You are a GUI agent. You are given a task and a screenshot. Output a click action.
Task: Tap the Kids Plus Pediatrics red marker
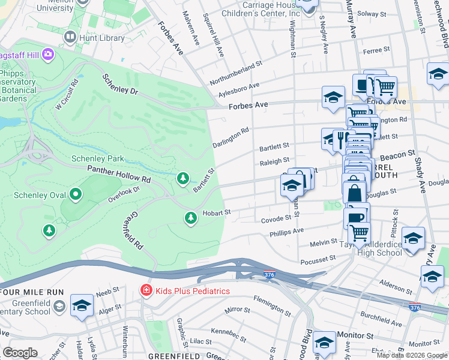(145, 291)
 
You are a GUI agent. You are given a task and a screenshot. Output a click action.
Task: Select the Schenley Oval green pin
(76, 194)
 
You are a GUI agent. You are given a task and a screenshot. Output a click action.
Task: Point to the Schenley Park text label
(97, 158)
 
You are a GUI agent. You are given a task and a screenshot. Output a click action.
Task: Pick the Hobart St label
(216, 212)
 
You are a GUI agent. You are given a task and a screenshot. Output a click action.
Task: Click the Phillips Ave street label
(286, 232)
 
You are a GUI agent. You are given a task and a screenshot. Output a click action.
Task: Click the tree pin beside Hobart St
(191, 217)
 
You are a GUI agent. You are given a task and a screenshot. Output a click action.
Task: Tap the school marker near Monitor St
(324, 343)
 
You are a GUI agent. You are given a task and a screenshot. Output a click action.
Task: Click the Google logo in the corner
(20, 353)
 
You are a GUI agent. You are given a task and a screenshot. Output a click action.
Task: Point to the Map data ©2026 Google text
(412, 355)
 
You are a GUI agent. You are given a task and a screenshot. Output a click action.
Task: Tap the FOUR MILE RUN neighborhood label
(32, 292)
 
